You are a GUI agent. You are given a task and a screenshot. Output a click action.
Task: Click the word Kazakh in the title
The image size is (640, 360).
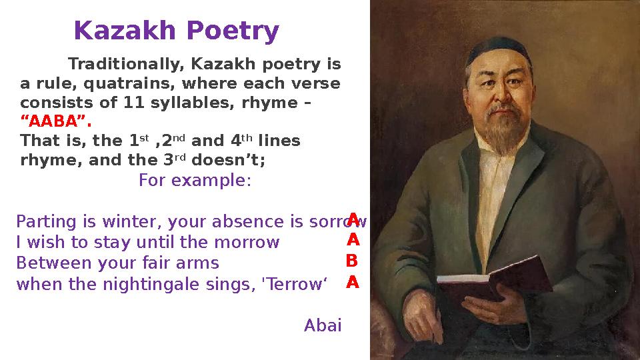point(126,31)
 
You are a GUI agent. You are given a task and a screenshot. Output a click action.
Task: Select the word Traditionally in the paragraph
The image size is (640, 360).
point(127,65)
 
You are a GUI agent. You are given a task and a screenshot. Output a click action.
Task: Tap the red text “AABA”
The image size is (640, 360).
point(56,123)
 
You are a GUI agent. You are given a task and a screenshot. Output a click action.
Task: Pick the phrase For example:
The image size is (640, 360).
point(195,181)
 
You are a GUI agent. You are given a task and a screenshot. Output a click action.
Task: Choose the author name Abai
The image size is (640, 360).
point(323,325)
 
